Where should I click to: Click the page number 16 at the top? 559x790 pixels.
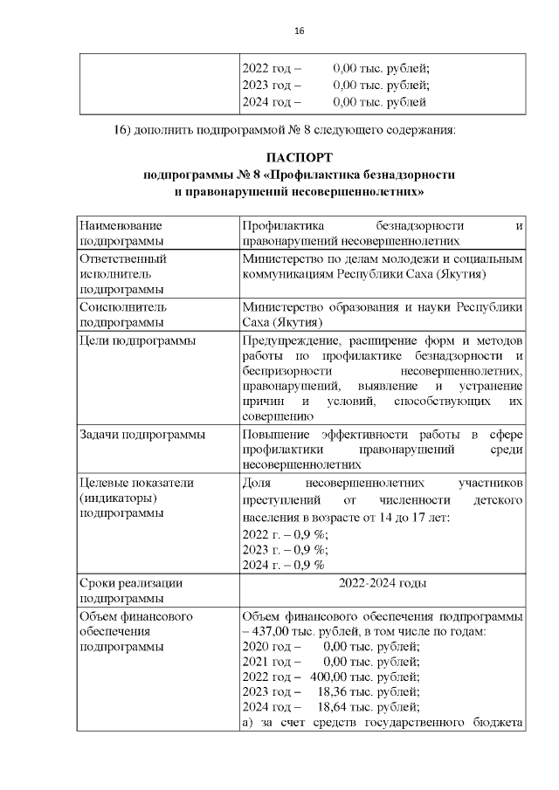tap(299, 31)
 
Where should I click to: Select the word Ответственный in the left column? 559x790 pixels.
tap(123, 258)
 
